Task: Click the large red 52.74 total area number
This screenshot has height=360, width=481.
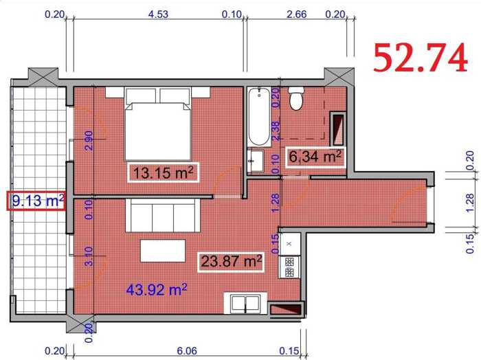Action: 421,58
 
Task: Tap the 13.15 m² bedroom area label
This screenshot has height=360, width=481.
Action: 164,172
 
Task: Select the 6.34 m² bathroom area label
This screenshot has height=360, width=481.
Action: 315,157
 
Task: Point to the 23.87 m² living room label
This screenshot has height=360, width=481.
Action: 231,262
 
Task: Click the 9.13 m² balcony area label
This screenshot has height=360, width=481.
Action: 36,201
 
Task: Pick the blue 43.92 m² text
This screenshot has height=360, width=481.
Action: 157,289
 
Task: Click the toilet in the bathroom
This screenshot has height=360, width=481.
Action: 296,98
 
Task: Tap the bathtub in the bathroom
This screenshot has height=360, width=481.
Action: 259,117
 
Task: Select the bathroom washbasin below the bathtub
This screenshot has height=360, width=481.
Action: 256,161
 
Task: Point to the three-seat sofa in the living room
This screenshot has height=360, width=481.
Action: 163,215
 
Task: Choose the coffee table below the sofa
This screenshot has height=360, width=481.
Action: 163,251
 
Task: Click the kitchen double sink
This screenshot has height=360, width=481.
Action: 245,303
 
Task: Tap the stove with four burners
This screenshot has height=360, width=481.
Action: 289,267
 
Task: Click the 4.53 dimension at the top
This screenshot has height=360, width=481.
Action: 158,14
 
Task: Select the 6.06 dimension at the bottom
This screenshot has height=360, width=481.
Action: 187,350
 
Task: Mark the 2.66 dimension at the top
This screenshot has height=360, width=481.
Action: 296,14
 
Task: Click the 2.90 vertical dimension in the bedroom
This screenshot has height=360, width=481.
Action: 89,140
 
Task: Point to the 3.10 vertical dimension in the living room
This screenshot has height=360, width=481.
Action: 89,256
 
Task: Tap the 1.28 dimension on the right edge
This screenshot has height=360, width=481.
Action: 469,203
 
